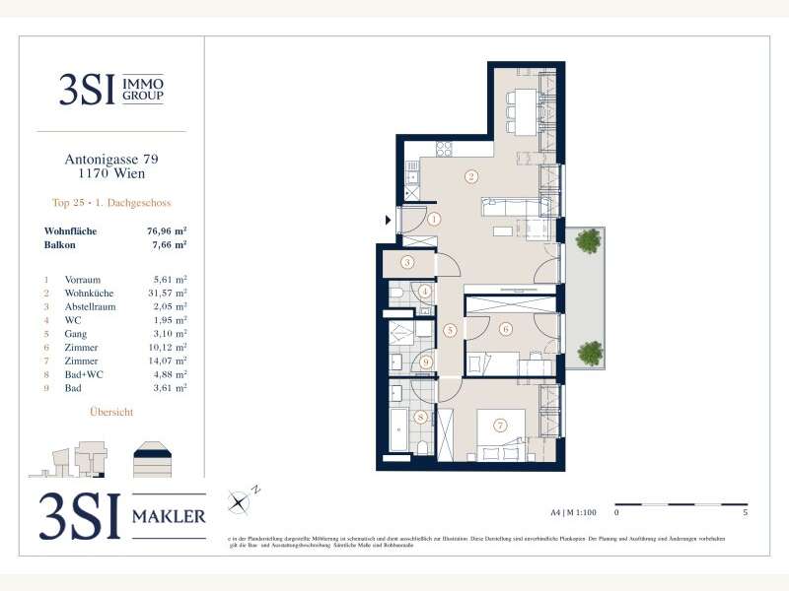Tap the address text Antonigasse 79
(x=111, y=158)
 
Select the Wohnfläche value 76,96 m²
(x=166, y=232)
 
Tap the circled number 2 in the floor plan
(x=471, y=177)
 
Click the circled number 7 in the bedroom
(x=500, y=426)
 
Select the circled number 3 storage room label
(x=406, y=262)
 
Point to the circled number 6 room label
(x=505, y=329)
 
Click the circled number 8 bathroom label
(x=421, y=418)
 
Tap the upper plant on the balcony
(x=588, y=239)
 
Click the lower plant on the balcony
(x=589, y=351)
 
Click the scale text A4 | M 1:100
(x=572, y=513)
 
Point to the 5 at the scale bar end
(x=747, y=513)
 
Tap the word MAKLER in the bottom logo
(x=170, y=516)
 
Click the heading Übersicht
(x=111, y=412)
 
